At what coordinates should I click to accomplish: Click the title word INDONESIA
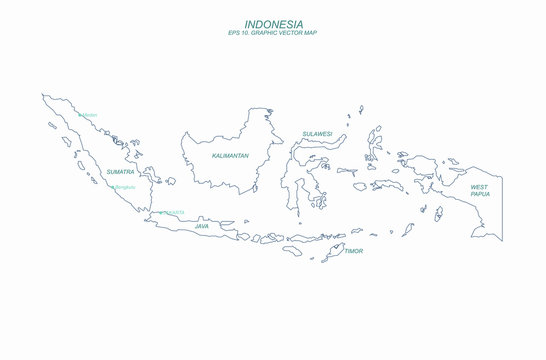(273, 23)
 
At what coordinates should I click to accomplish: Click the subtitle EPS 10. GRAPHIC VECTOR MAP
(273, 33)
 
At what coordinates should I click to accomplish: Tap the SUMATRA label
(120, 172)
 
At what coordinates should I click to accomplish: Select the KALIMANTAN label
(231, 156)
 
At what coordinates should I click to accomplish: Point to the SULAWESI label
(317, 133)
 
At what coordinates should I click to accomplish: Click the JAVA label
(203, 226)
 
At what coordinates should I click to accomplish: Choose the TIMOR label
(353, 251)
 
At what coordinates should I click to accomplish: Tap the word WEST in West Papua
(480, 187)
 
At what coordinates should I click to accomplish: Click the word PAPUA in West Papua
(481, 195)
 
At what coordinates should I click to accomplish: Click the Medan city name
(90, 115)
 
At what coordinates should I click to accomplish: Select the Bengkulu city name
(125, 187)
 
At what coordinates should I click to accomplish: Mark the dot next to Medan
(79, 115)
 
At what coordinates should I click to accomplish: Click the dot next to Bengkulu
(113, 187)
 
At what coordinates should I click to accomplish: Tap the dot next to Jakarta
(162, 212)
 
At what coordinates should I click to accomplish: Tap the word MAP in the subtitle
(317, 33)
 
